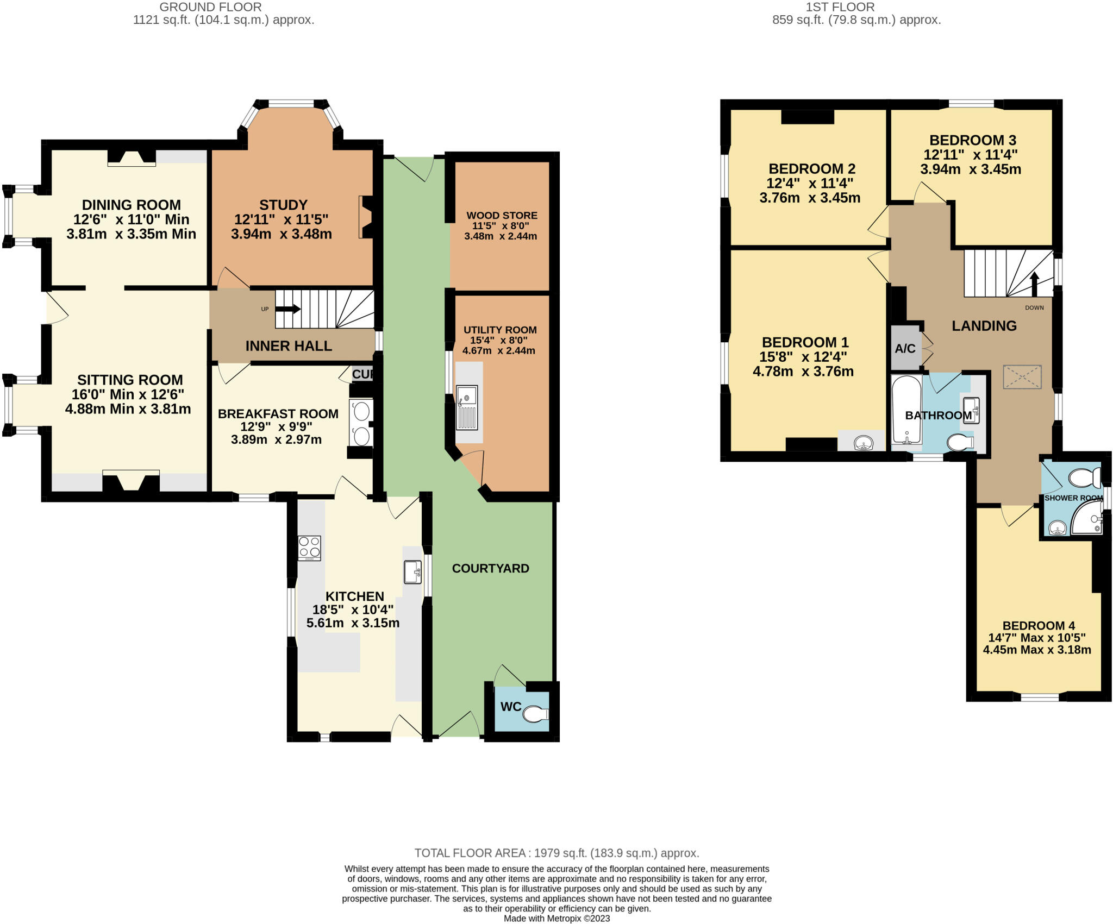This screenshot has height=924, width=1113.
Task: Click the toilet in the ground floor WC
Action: pyautogui.click(x=535, y=714)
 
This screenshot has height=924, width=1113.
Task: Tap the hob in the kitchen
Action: pyautogui.click(x=309, y=548)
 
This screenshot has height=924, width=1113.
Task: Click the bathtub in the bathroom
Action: pyautogui.click(x=906, y=408)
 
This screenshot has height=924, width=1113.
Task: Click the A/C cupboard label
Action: pyautogui.click(x=905, y=349)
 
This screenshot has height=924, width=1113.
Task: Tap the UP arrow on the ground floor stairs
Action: pyautogui.click(x=288, y=309)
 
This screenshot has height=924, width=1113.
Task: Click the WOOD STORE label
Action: pyautogui.click(x=502, y=216)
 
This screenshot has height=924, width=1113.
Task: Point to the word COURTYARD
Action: pyautogui.click(x=490, y=568)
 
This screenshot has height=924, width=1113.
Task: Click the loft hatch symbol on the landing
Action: pyautogui.click(x=1022, y=377)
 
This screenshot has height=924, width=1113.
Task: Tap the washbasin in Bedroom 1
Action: pyautogui.click(x=864, y=443)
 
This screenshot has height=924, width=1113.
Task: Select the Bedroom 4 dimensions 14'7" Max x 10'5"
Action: pyautogui.click(x=1036, y=638)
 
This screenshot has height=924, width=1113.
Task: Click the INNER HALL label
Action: pyautogui.click(x=289, y=346)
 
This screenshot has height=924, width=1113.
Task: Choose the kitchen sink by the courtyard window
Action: pyautogui.click(x=412, y=572)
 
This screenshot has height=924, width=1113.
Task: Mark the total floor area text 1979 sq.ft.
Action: pyautogui.click(x=556, y=853)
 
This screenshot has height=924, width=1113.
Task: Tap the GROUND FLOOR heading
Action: pyautogui.click(x=210, y=7)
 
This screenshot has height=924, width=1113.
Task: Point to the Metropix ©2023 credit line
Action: pyautogui.click(x=556, y=919)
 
